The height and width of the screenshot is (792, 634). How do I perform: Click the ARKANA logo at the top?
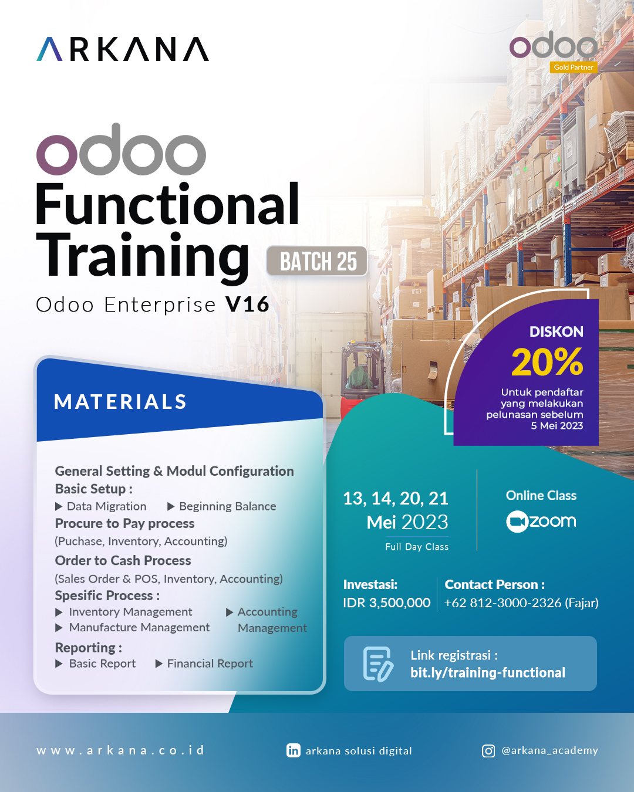point(123,50)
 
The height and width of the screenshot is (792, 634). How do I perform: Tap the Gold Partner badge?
point(573,67)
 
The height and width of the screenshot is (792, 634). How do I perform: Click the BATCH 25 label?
point(318,262)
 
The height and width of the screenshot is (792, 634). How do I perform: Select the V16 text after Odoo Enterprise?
point(247,304)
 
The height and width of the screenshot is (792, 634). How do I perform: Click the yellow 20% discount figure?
point(547,362)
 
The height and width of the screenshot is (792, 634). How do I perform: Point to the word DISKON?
point(556,331)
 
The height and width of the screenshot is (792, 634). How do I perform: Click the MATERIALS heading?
point(120,402)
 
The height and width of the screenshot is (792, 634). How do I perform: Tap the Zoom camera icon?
point(517,522)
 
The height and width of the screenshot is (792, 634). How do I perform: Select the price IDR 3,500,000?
point(386,603)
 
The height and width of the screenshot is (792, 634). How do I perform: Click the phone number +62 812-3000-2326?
point(503,603)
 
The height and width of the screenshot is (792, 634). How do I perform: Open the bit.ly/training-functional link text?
point(487,673)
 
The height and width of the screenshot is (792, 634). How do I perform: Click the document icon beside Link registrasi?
point(377,664)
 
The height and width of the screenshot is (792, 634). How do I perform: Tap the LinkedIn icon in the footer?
point(293,750)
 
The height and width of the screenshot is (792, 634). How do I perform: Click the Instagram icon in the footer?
point(488,751)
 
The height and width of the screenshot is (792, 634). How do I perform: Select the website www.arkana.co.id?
point(121,750)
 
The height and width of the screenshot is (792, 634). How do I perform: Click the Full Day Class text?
point(417,547)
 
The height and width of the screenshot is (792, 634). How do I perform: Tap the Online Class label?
point(541,496)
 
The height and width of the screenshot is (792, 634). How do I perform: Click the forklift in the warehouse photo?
point(360,373)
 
